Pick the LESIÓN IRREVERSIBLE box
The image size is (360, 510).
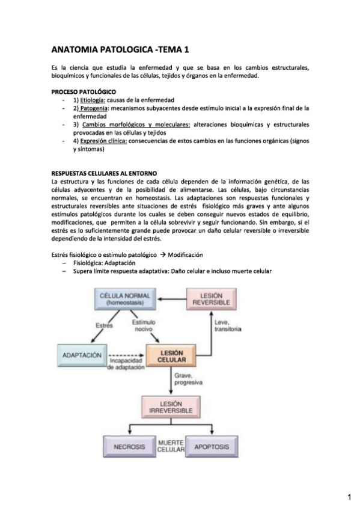coord(171,407)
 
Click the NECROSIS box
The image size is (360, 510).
coord(129,447)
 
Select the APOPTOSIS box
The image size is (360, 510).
coord(212,447)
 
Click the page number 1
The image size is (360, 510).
coord(349,497)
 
